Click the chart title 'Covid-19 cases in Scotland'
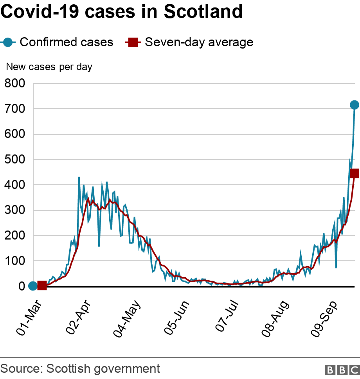click(122, 12)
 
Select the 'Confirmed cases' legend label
click(66, 42)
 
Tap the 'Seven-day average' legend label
click(199, 42)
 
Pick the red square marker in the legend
click(133, 42)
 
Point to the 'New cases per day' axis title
click(49, 67)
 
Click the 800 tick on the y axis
click(15, 83)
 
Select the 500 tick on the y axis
click(15, 159)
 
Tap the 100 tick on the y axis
click(15, 261)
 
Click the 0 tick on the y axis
click(22, 286)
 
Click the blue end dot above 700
click(354, 105)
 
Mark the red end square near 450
click(355, 173)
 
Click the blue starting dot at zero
click(33, 286)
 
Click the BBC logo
click(342, 370)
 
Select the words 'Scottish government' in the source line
click(103, 368)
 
